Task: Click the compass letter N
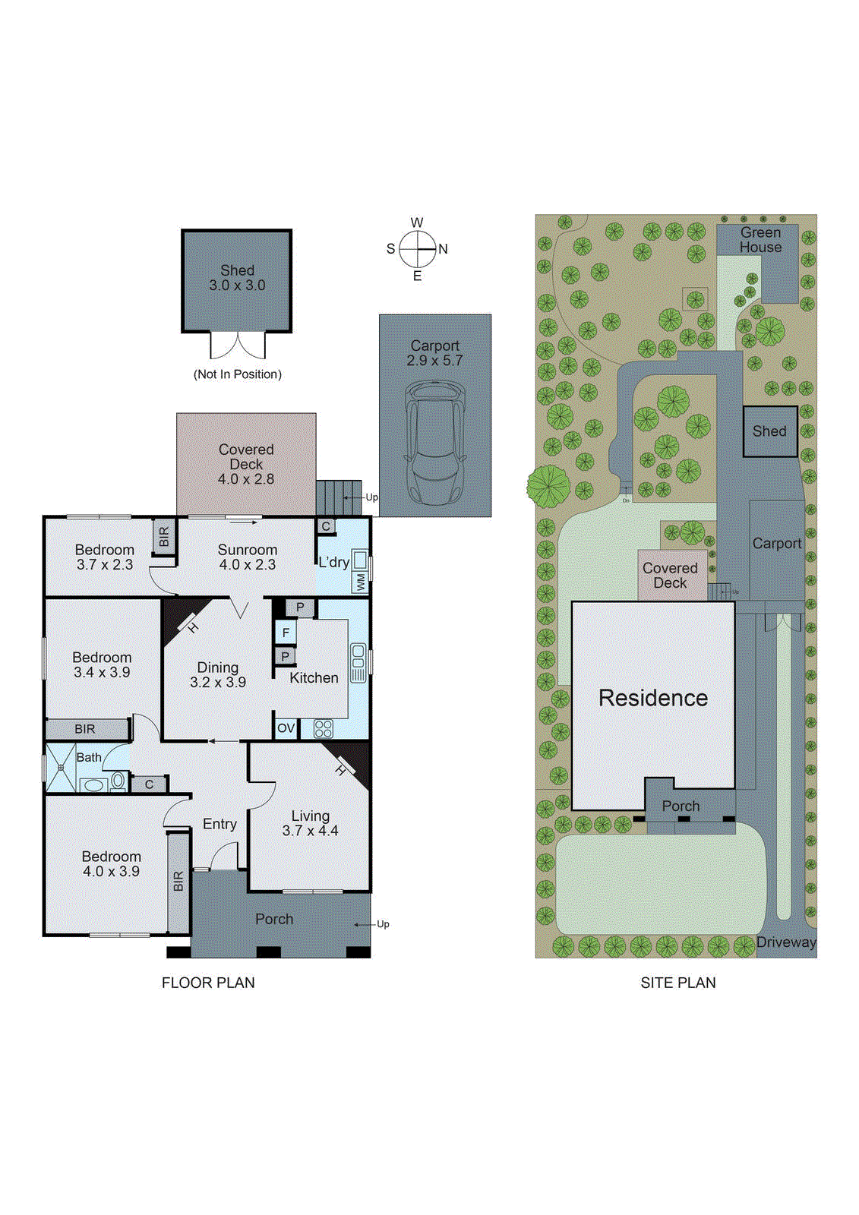point(444,249)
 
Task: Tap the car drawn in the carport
point(435,444)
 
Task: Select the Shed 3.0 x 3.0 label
point(237,278)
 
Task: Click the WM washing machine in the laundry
point(360,582)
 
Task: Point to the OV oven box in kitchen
point(286,728)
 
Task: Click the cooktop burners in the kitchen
point(324,729)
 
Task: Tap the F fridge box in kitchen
point(286,633)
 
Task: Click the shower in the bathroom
point(60,768)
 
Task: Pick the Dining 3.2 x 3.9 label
point(218,674)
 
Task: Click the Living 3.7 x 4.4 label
point(310,823)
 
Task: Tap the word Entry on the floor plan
point(219,824)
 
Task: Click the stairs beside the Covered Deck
point(339,497)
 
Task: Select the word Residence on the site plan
point(653,698)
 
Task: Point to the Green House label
point(760,240)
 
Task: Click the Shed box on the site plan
point(769,431)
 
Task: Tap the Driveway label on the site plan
point(786,942)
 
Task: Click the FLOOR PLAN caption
point(208,983)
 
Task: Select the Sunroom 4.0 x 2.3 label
point(247,557)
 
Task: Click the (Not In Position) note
point(238,374)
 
